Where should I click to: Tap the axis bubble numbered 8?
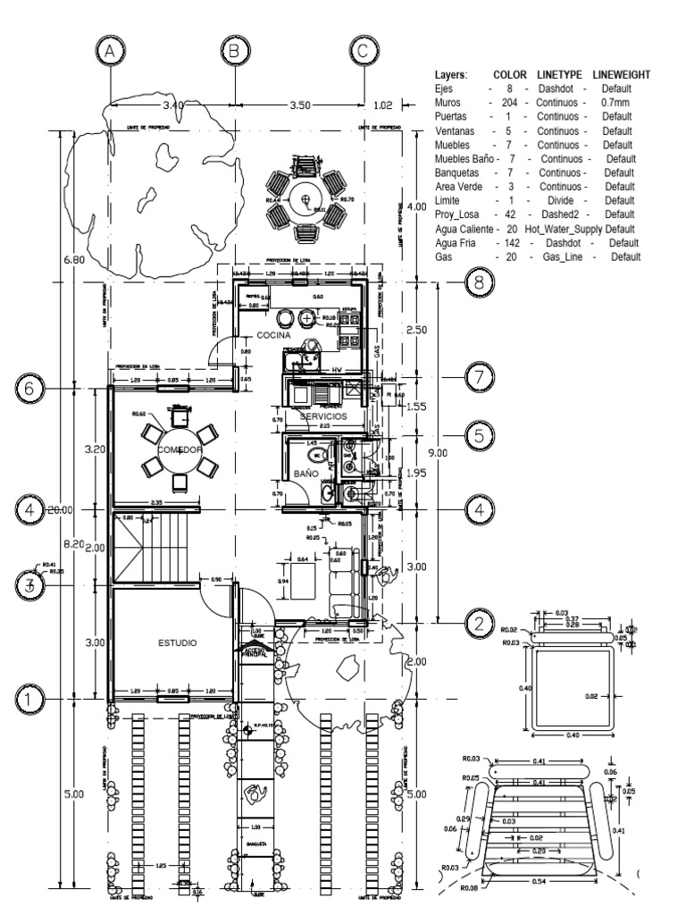pyautogui.click(x=479, y=282)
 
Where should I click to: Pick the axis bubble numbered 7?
pyautogui.click(x=479, y=377)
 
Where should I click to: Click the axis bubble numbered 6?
pyautogui.click(x=29, y=390)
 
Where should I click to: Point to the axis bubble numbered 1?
pyautogui.click(x=29, y=697)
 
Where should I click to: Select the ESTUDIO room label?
pyautogui.click(x=178, y=642)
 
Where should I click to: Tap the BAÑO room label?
pyautogui.click(x=305, y=474)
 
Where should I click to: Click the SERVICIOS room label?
pyautogui.click(x=322, y=416)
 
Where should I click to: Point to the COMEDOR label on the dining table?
pyautogui.click(x=180, y=449)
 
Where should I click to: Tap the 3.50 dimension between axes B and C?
pyautogui.click(x=299, y=105)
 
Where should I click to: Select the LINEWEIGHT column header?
pyautogui.click(x=615, y=74)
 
